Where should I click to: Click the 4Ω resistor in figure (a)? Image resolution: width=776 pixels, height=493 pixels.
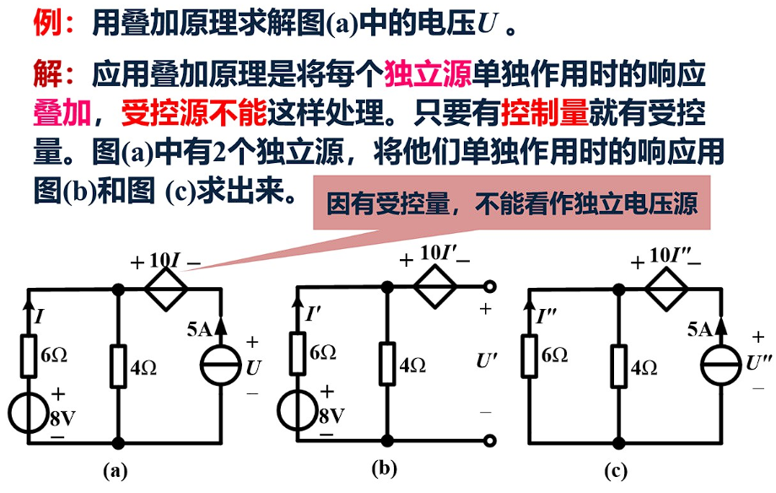pyautogui.click(x=119, y=366)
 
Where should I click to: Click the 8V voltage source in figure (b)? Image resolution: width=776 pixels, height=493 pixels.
pyautogui.click(x=298, y=410)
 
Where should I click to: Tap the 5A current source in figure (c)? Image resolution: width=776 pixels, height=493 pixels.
pyautogui.click(x=722, y=370)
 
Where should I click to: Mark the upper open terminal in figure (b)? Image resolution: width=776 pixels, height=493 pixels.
pyautogui.click(x=488, y=287)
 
